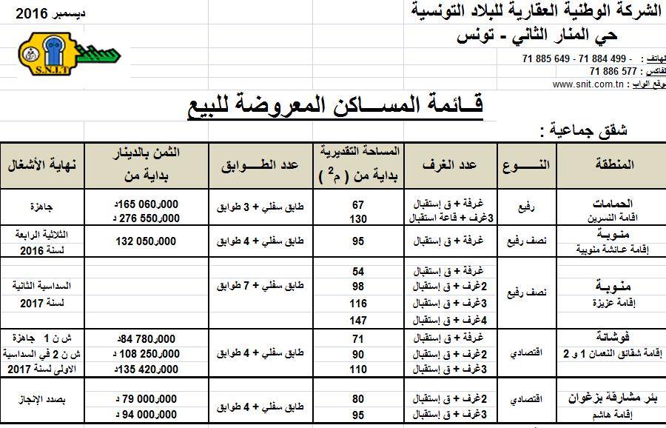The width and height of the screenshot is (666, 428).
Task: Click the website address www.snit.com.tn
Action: tap(588, 84)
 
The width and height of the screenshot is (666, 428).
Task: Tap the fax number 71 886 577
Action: tap(613, 71)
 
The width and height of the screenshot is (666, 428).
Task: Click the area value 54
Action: tap(359, 271)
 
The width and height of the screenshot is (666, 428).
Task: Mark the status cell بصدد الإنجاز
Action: tap(41, 400)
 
